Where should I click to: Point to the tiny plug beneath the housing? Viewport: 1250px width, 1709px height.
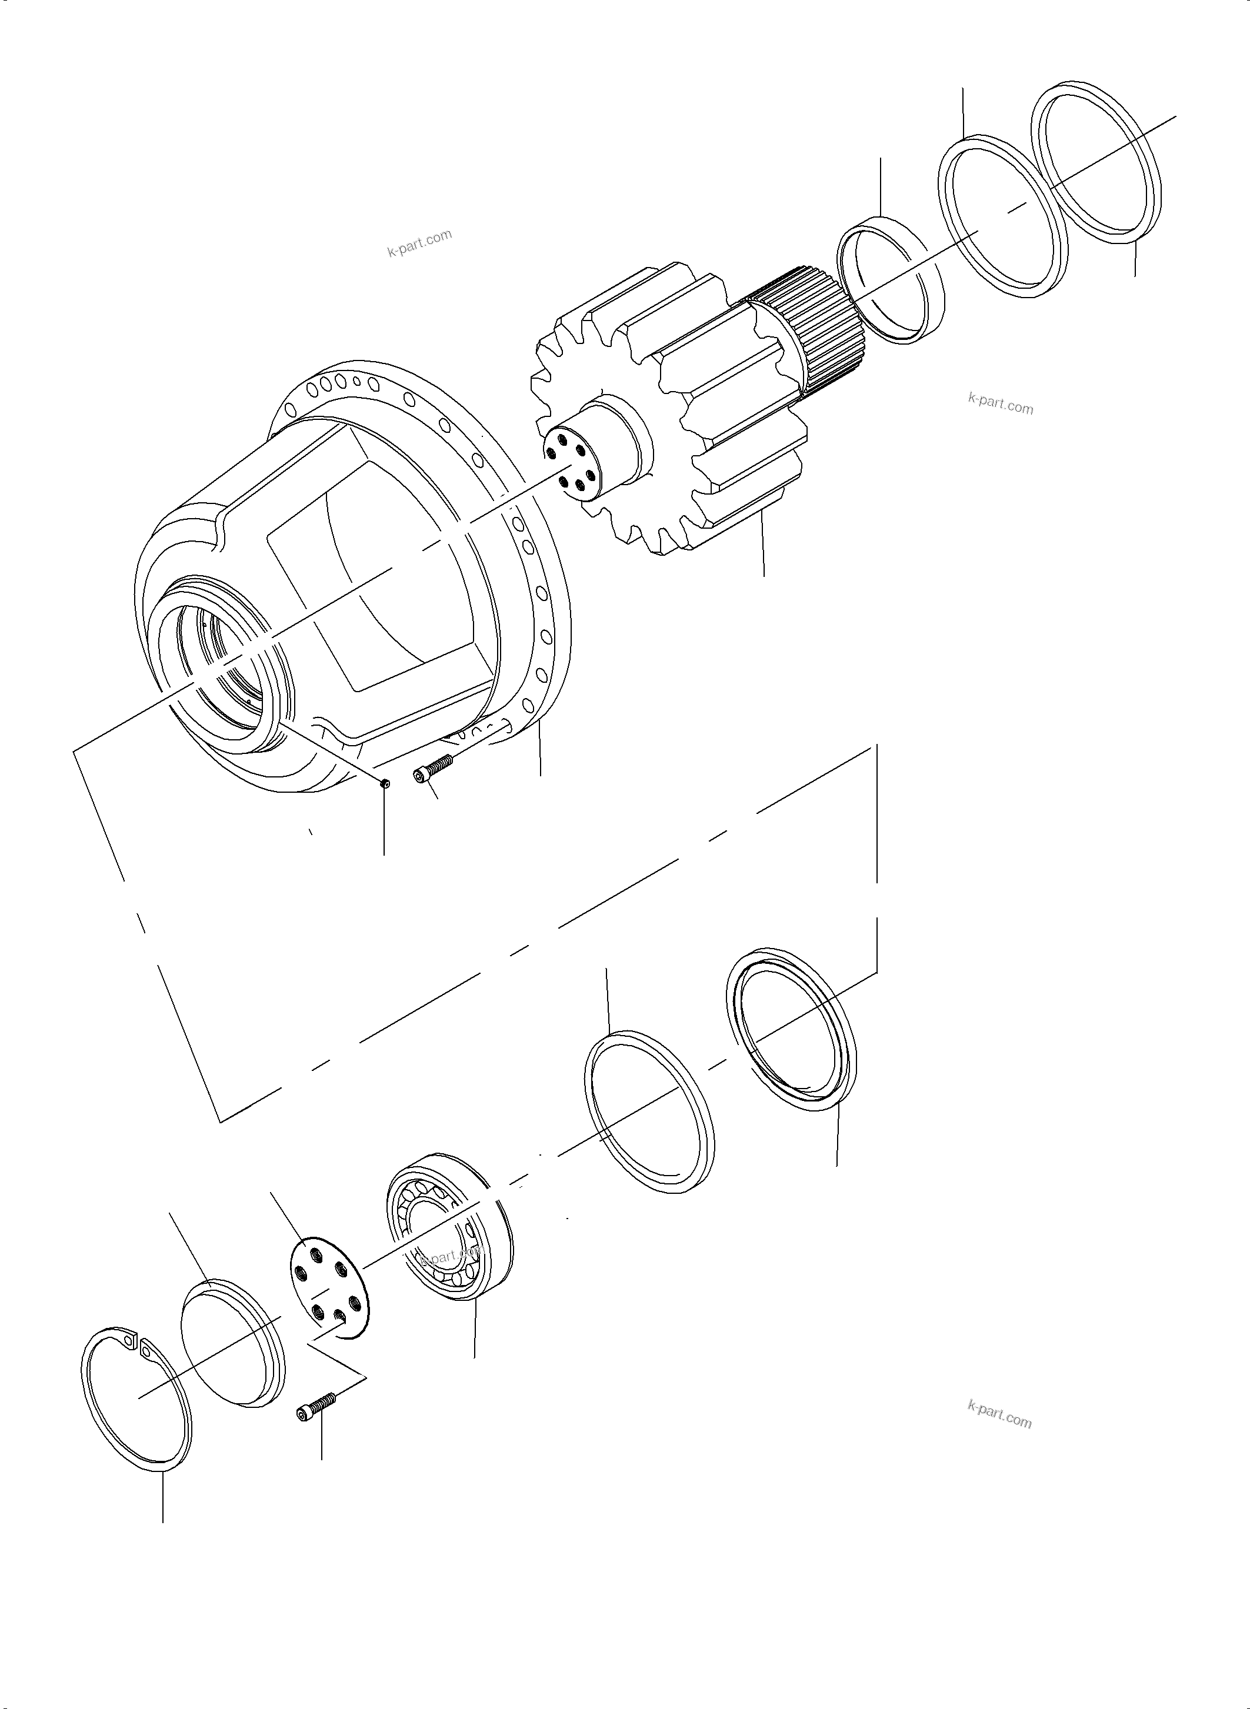[x=384, y=785]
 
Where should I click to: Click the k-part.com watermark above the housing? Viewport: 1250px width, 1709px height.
[x=420, y=242]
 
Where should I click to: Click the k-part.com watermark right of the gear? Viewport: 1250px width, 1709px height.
[x=1001, y=404]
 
